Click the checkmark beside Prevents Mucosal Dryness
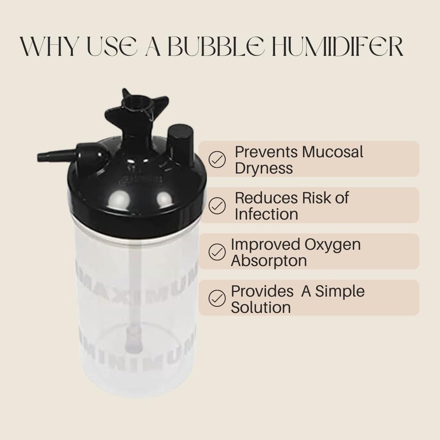[218, 159]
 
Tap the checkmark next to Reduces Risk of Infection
[218, 205]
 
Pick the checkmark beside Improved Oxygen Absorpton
[217, 252]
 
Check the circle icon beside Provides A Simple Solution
[217, 298]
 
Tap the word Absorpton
[268, 260]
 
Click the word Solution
[261, 306]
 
